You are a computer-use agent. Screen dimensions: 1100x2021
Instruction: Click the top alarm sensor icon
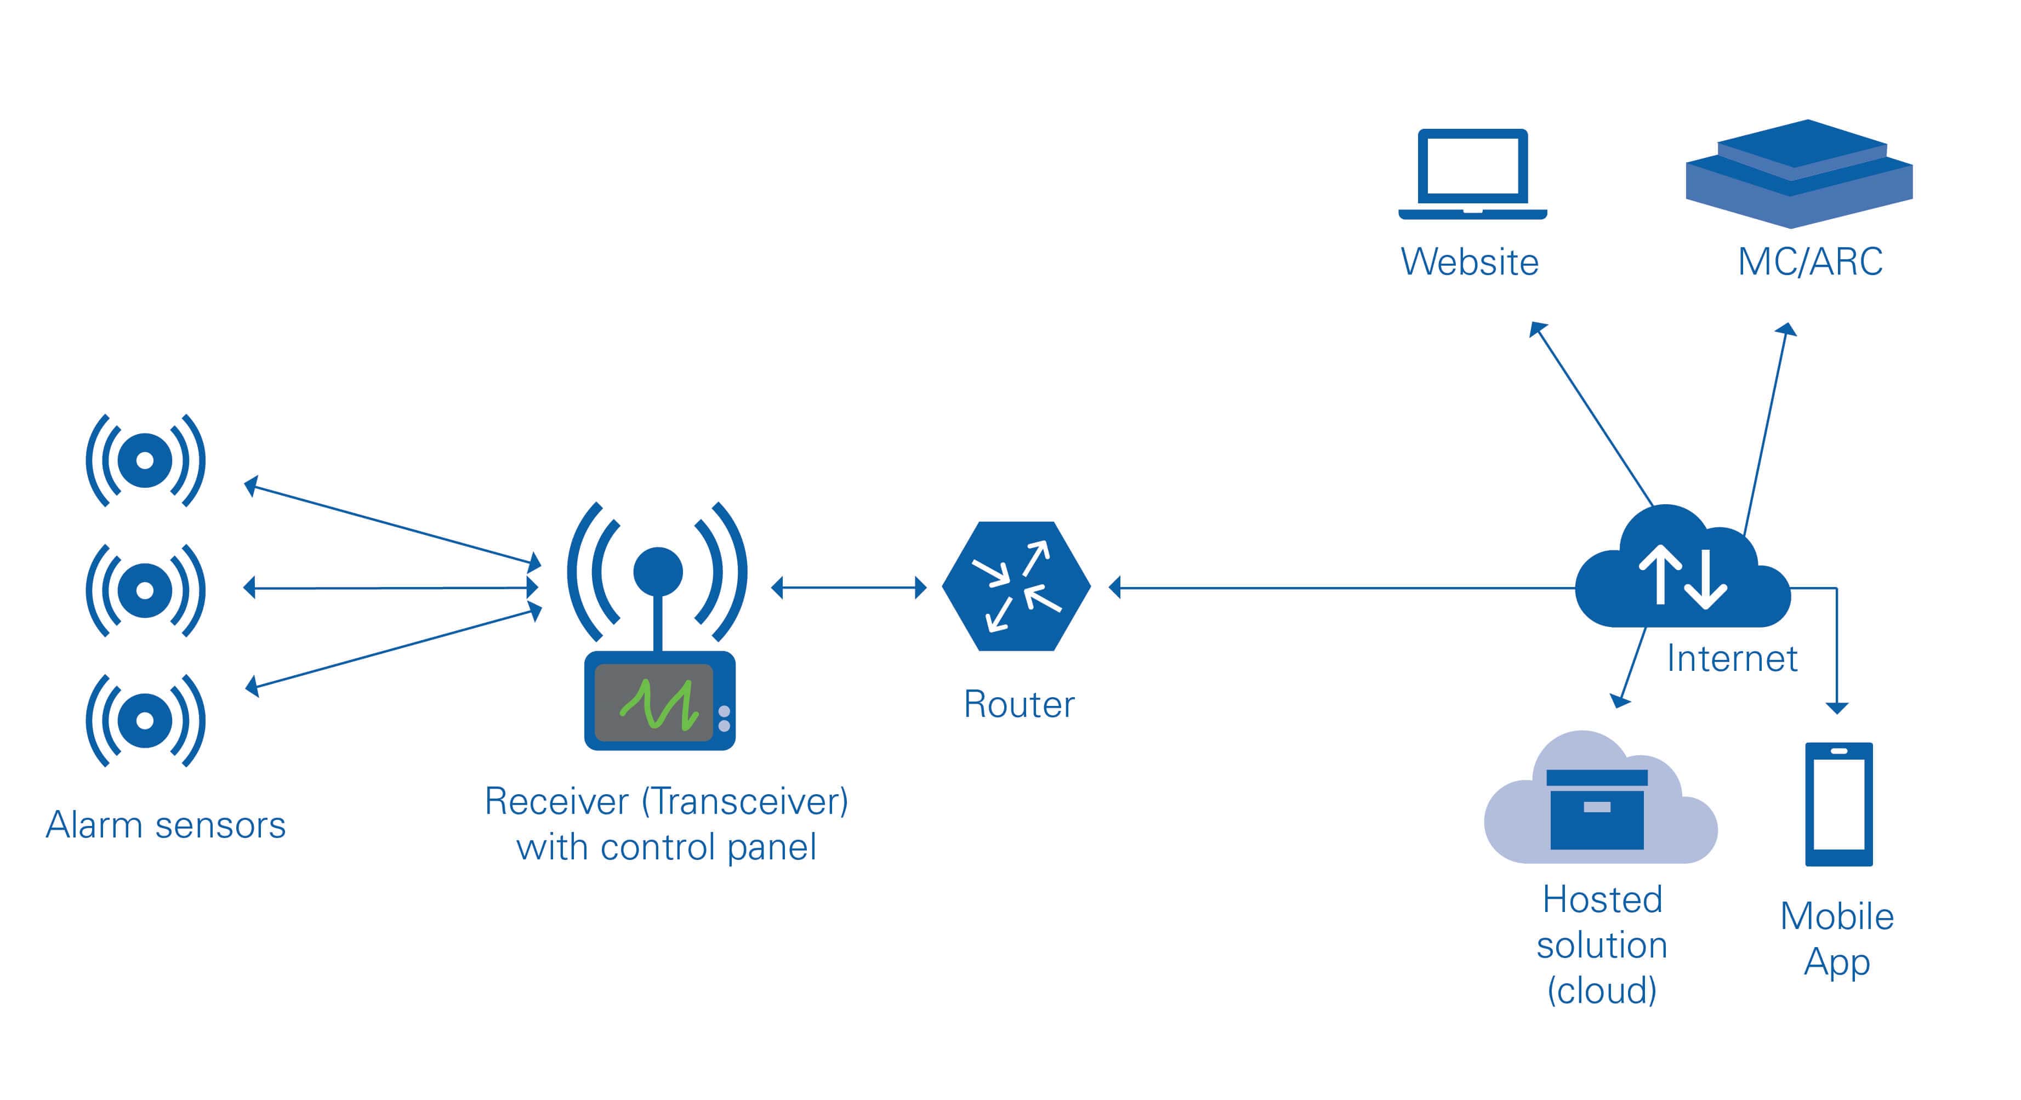tap(145, 460)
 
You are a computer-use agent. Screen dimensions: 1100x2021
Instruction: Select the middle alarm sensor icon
tap(145, 590)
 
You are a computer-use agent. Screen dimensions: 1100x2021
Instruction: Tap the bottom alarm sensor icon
tap(145, 720)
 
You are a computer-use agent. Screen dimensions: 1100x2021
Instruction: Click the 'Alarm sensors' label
tap(166, 825)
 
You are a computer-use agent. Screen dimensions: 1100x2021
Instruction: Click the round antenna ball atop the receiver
tap(657, 571)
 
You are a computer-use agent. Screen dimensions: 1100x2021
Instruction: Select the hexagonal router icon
tap(1016, 586)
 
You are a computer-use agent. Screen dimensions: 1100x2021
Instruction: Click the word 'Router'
tap(1018, 705)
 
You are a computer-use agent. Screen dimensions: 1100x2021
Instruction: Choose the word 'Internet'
tap(1732, 659)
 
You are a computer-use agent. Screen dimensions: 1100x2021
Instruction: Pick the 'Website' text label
tap(1470, 262)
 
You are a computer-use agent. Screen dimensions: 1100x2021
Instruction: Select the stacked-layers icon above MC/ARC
tap(1799, 173)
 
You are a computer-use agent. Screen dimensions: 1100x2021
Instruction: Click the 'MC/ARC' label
tap(1810, 262)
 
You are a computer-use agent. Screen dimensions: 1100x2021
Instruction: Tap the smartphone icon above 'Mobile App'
tap(1838, 804)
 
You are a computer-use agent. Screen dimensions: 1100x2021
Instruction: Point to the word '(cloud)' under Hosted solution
tap(1601, 991)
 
